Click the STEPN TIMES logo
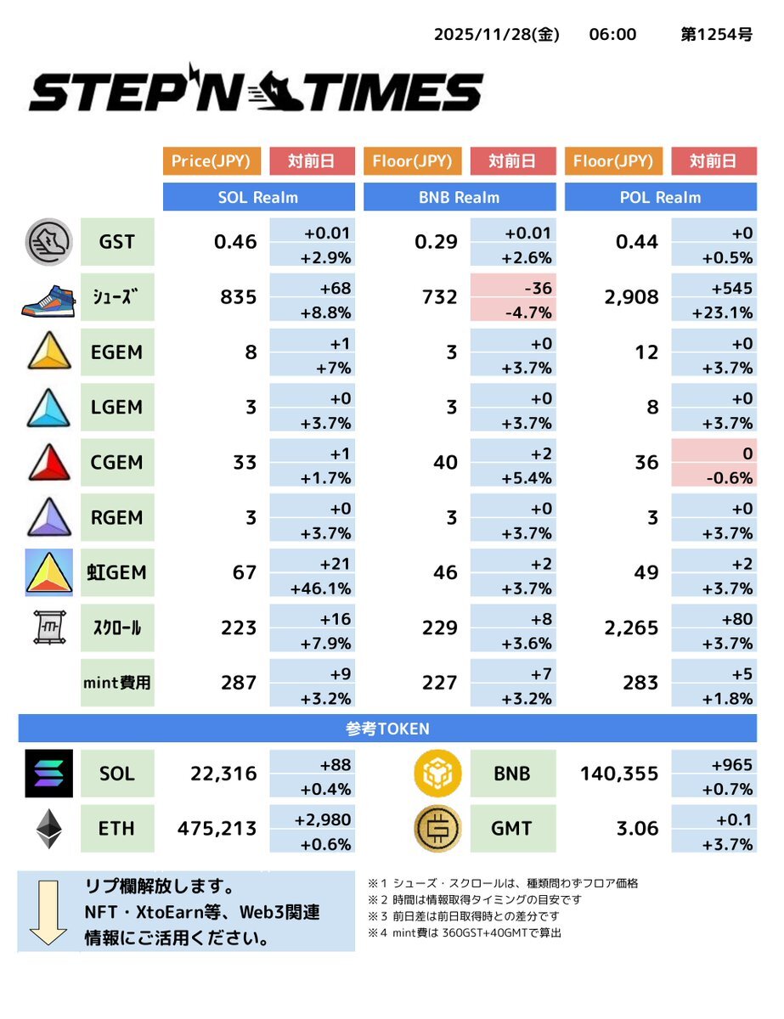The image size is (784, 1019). pos(256,91)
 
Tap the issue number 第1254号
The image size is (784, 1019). pos(716,35)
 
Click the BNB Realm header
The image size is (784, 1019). pos(459,197)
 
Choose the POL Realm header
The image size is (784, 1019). pos(660,197)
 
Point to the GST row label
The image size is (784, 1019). pos(116,242)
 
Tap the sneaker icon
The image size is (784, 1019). pos(48,297)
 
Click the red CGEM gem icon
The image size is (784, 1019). pos(48,463)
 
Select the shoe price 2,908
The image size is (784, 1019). pos(632,297)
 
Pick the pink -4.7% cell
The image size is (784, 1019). pos(512,312)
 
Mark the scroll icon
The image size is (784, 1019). pos(48,628)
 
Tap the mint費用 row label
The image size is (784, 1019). pos(117,682)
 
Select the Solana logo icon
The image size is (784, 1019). pos(48,774)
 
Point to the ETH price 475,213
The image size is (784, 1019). pos(217,828)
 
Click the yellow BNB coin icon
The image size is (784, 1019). pos(438,774)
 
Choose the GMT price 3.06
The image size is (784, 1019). pos(637,828)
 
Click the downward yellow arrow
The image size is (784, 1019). pos(48,912)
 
